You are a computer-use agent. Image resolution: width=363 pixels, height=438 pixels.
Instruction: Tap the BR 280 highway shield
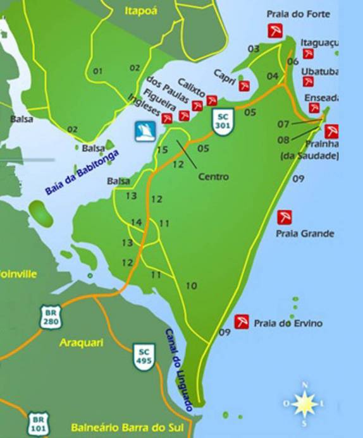coord(51,317)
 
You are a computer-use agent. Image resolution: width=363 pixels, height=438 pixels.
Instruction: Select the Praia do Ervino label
coord(288,324)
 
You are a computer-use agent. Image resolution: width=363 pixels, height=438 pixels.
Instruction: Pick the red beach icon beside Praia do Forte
coord(274,31)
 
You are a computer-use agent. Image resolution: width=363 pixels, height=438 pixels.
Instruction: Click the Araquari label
coord(80,343)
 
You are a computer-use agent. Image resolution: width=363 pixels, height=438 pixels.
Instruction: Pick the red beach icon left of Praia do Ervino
coord(241,322)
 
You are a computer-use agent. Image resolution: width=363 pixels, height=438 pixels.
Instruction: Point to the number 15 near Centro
coord(163,150)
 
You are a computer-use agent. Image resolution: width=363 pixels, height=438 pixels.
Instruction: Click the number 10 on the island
coord(191,286)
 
